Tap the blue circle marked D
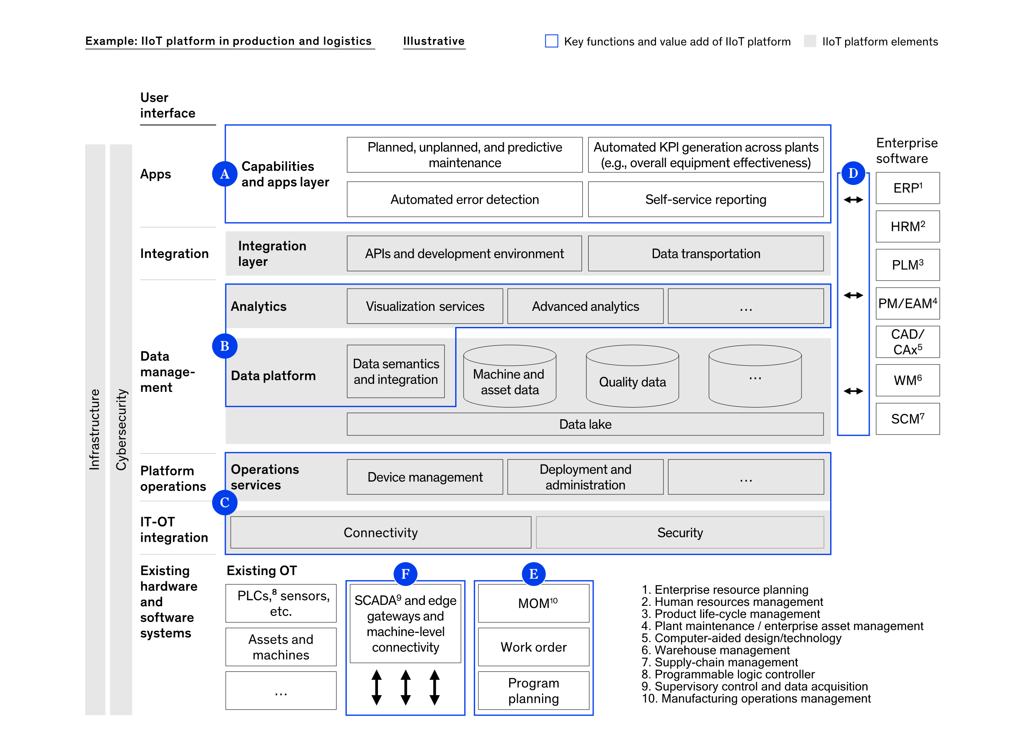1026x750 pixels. [x=853, y=173]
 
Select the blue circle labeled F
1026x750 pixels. [x=405, y=574]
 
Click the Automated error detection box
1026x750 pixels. [x=464, y=199]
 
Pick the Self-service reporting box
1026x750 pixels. [x=705, y=199]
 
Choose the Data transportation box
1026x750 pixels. [x=705, y=253]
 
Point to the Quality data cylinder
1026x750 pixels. [x=632, y=376]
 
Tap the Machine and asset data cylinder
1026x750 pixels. [x=510, y=376]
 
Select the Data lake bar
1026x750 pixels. [x=585, y=424]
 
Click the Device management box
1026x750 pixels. [x=425, y=477]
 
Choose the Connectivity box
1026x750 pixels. [x=381, y=532]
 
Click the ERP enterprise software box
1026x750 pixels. [x=908, y=188]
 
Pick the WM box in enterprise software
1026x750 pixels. [x=908, y=380]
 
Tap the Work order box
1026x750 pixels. [x=533, y=647]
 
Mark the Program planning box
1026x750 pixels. [x=533, y=690]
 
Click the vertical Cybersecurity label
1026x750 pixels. [x=121, y=430]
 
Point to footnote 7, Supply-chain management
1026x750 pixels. [x=720, y=662]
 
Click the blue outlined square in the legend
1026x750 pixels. [x=551, y=41]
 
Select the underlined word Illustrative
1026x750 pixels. [x=434, y=41]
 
